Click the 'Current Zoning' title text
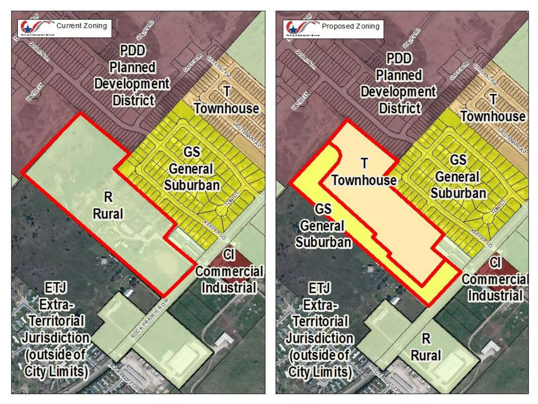tap(82, 26)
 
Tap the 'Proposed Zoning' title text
tap(350, 26)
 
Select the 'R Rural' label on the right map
tap(426, 347)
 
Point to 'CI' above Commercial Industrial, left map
tap(229, 255)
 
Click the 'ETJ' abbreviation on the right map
tap(319, 288)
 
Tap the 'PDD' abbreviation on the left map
tap(133, 50)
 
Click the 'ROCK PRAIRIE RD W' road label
tap(150, 318)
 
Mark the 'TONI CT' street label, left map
tap(232, 199)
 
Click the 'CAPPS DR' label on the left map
tap(193, 63)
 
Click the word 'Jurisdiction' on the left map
tap(56, 338)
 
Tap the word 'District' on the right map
tap(400, 108)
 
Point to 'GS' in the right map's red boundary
tap(323, 209)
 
